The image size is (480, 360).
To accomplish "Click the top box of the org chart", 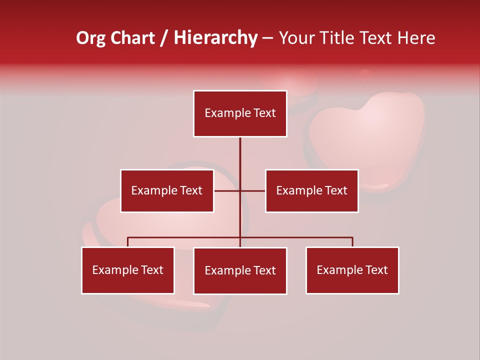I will (240, 113).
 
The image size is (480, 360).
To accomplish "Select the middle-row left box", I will (167, 190).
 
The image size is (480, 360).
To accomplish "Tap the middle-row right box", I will (311, 190).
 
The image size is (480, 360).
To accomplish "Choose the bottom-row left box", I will (128, 270).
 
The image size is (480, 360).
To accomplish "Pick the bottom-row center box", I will (240, 270).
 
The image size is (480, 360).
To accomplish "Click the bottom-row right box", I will (352, 270).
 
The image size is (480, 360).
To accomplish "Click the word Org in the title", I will (91, 38).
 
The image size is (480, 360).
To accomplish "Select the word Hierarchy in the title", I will (215, 38).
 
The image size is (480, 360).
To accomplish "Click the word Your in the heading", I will (298, 38).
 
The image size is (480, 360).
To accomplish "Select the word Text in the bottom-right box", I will (376, 270).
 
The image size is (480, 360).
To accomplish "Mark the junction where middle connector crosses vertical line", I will (240, 190).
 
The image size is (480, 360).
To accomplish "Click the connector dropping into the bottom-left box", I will (128, 242).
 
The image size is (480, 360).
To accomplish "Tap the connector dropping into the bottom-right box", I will (352, 242).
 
